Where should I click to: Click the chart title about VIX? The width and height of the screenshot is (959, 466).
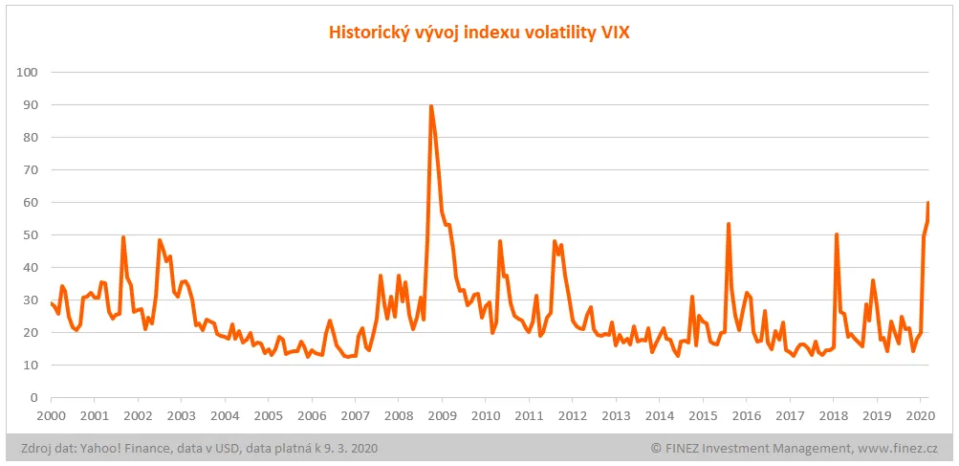point(479,33)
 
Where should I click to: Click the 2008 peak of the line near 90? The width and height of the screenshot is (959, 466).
point(431,106)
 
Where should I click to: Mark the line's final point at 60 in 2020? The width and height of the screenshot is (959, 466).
point(927,203)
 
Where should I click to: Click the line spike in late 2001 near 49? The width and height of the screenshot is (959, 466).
point(123,237)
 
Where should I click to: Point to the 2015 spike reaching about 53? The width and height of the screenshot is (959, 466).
point(729,224)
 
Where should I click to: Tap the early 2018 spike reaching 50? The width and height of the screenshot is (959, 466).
point(837,234)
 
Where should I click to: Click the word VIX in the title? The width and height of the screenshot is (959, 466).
point(614,33)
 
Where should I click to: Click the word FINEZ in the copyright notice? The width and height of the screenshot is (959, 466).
point(686,448)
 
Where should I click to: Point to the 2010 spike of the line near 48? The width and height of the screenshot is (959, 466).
point(499,241)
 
